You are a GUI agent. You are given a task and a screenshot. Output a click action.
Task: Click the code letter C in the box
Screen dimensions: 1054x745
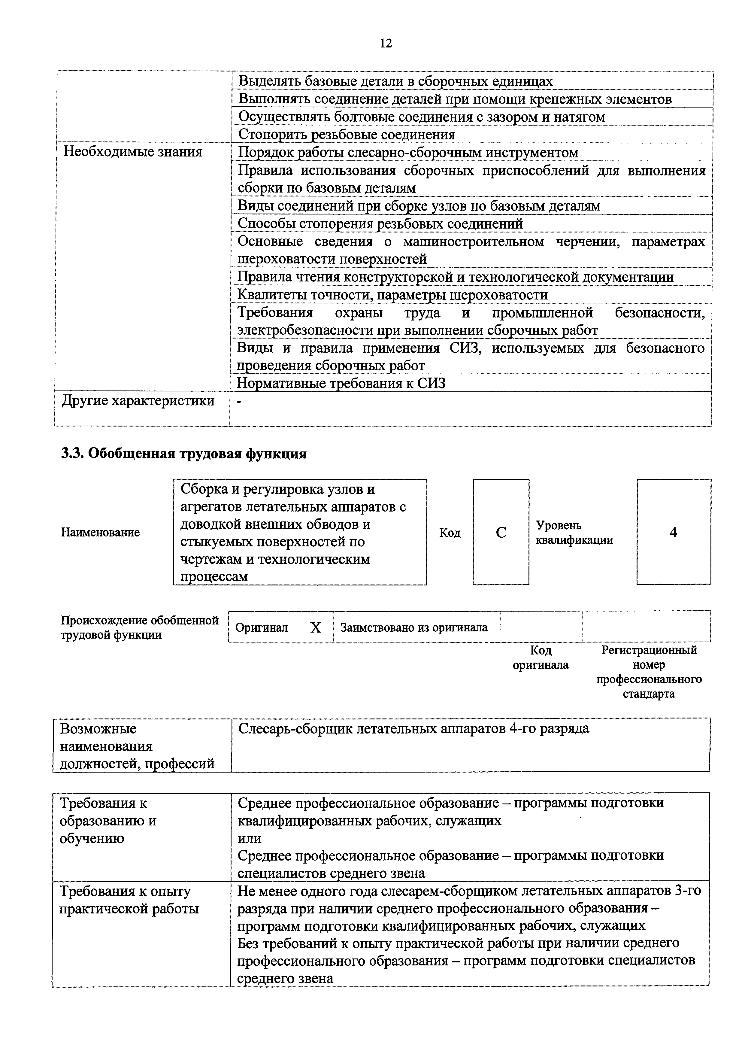tap(501, 533)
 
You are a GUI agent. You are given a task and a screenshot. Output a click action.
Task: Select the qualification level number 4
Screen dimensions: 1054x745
tap(674, 533)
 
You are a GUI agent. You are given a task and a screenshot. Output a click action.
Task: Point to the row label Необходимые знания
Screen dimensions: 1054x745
tap(133, 152)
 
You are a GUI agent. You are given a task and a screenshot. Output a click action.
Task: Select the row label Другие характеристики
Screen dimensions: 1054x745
tap(138, 401)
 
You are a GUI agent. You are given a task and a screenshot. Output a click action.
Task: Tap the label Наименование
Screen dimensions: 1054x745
tap(100, 533)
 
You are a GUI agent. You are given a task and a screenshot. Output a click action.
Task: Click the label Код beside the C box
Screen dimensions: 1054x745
tap(450, 533)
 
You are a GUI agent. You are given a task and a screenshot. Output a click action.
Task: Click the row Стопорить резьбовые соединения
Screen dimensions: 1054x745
tap(347, 135)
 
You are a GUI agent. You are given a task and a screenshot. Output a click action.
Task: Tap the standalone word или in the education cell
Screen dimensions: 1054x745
tap(250, 838)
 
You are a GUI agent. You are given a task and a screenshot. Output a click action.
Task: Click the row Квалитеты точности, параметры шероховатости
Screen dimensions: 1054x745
tap(392, 295)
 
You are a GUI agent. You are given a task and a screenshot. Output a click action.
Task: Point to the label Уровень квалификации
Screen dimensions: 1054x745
tap(574, 533)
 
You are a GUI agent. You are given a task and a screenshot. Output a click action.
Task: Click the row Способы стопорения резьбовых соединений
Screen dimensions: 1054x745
tap(380, 223)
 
